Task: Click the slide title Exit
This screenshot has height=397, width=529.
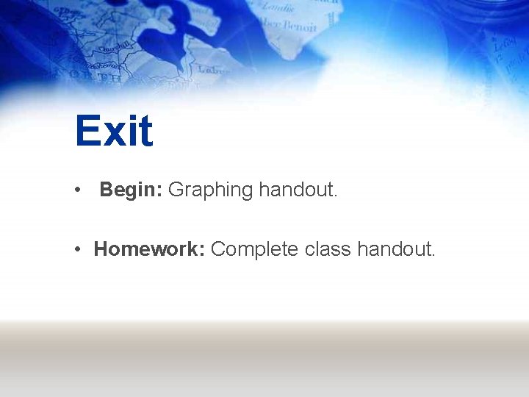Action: coord(114,131)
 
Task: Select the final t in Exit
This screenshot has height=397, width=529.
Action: coord(145,132)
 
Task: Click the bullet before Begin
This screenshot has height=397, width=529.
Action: coord(77,190)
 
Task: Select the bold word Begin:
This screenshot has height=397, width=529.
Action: coord(131,190)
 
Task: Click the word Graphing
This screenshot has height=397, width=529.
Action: coord(210,190)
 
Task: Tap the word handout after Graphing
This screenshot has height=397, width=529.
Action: coord(298,190)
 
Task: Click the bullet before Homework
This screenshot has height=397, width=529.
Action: coord(77,249)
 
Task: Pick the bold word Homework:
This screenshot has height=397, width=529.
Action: coord(149,249)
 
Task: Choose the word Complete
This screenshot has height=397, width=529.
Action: coord(255,249)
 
